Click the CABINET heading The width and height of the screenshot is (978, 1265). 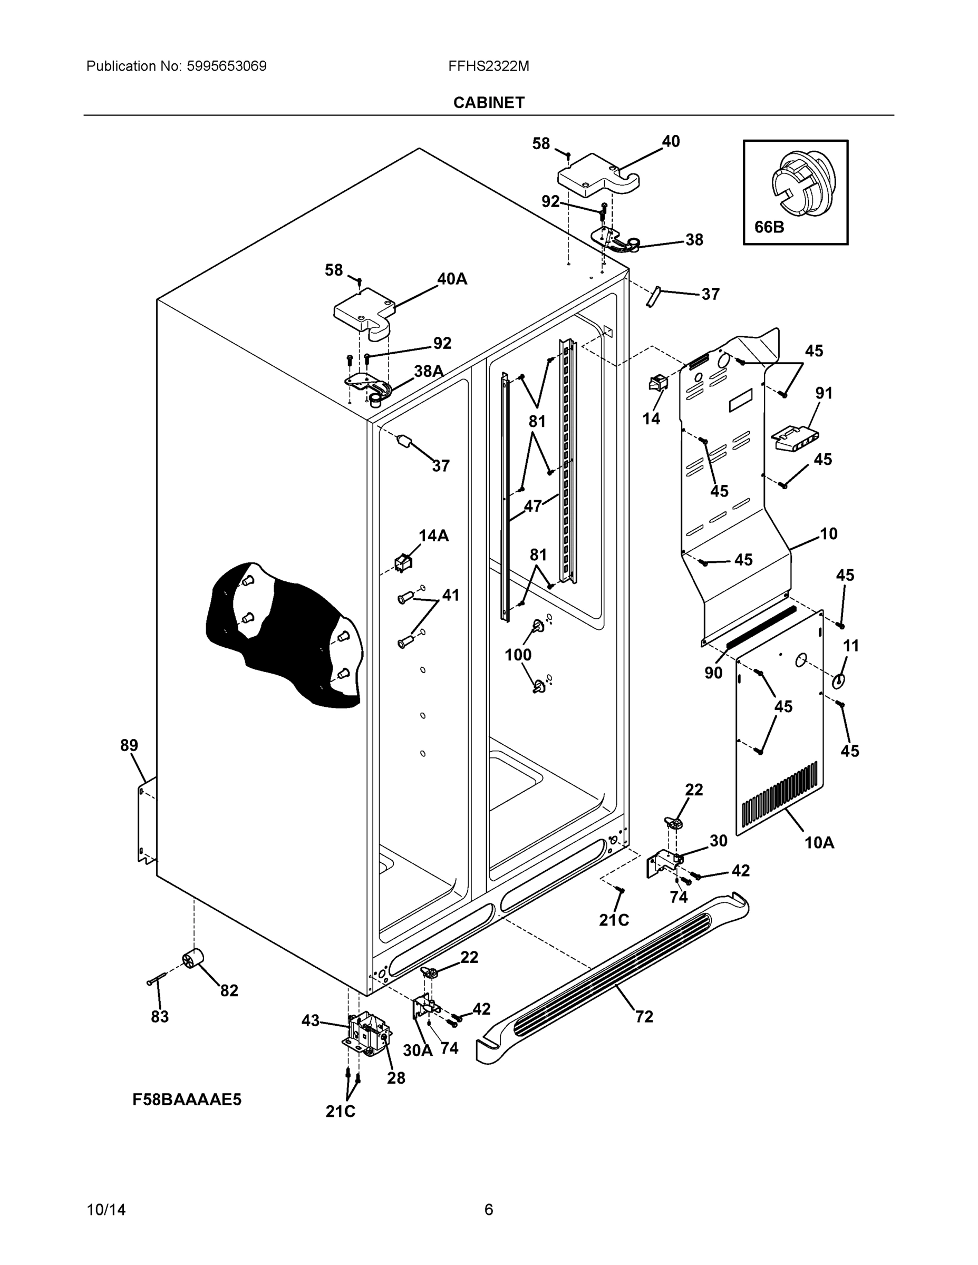[488, 103]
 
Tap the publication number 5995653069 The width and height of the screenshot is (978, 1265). [226, 66]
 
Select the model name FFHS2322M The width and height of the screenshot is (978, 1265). [488, 66]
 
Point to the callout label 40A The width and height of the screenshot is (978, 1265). [452, 279]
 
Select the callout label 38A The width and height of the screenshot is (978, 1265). [428, 371]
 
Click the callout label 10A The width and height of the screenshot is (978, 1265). [819, 843]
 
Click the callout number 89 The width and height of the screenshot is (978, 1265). [129, 745]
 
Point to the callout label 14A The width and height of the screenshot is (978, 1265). [433, 536]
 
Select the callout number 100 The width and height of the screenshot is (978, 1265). [518, 655]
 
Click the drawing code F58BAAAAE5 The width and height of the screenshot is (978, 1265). [187, 1099]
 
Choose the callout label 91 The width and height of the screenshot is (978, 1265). [824, 393]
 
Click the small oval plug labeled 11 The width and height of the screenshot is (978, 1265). [838, 681]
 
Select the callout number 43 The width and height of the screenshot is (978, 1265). [311, 1020]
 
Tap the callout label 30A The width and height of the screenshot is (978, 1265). [418, 1050]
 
